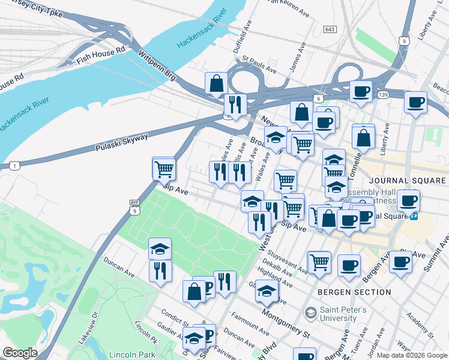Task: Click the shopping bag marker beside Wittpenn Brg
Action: [x=216, y=84]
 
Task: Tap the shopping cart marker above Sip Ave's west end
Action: [x=163, y=169]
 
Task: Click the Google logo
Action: [x=20, y=353]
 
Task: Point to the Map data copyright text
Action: [x=412, y=355]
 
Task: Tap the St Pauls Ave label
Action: [x=259, y=65]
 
